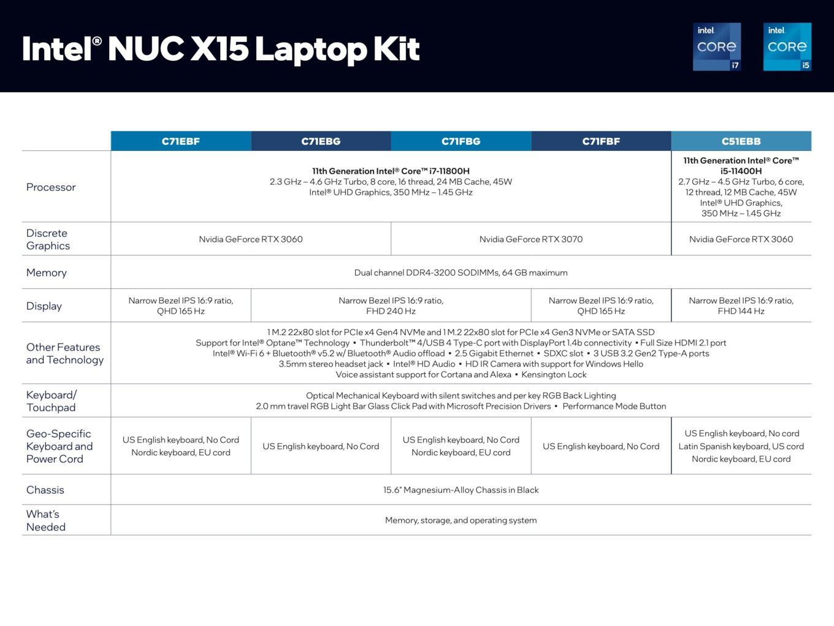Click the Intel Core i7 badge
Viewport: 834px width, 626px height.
[717, 47]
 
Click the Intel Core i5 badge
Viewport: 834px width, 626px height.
[787, 47]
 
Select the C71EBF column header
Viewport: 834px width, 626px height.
[181, 141]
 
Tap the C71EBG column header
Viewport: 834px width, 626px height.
[321, 141]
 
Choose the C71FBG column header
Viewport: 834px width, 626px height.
[461, 141]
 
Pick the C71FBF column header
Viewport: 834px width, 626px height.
[601, 141]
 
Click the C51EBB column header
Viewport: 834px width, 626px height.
[741, 141]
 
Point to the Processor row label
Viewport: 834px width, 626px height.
[51, 187]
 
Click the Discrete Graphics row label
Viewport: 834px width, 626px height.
[48, 239]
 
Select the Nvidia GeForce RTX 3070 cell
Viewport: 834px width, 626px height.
[531, 239]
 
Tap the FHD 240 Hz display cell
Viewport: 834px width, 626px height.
[391, 306]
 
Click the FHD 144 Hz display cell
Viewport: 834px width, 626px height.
[741, 306]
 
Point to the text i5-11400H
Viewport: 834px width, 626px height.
[741, 171]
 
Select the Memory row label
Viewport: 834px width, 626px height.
[47, 272]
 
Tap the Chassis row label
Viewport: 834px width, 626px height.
[45, 490]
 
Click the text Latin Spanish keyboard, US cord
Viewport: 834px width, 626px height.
[741, 446]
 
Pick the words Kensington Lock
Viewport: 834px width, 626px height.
[554, 374]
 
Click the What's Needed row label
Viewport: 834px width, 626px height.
[46, 520]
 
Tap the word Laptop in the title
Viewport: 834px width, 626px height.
[311, 50]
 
